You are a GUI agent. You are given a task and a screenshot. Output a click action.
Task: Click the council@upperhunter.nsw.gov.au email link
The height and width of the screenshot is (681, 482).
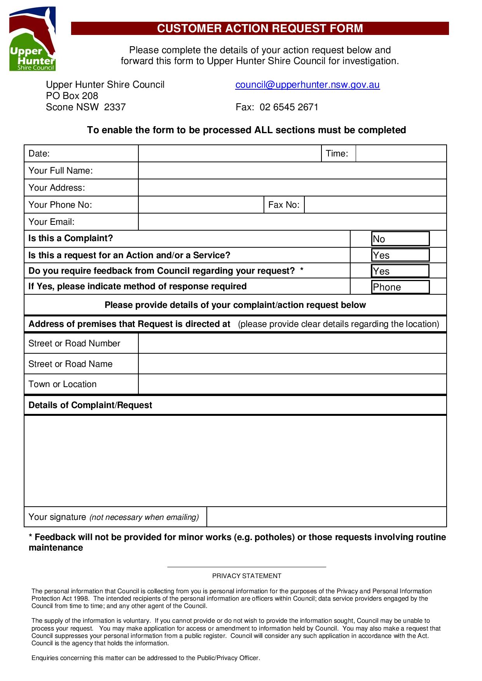[x=307, y=85]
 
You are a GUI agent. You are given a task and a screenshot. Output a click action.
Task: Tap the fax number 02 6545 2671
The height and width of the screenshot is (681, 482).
[x=289, y=107]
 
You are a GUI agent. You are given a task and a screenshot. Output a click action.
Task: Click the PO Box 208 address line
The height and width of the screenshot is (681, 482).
[x=72, y=96]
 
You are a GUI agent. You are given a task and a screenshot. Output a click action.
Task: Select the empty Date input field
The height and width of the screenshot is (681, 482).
[x=229, y=153]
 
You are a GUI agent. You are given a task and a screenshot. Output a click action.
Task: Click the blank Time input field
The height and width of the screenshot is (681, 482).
[x=400, y=153]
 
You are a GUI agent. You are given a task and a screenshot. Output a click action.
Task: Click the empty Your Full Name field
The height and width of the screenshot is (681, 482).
[x=292, y=170]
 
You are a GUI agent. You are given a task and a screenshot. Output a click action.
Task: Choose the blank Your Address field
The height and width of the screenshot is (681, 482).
[x=292, y=188]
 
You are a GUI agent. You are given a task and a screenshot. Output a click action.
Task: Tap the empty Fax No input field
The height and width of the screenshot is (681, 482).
[x=375, y=205]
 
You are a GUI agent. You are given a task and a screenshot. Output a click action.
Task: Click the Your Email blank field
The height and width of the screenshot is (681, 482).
[x=292, y=222]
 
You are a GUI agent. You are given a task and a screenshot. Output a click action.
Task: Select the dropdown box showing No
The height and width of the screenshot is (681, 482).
[x=400, y=239]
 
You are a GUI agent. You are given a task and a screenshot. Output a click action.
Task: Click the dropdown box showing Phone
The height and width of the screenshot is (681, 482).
[x=400, y=287]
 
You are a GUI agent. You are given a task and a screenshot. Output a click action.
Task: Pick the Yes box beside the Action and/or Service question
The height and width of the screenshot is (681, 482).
[x=400, y=255]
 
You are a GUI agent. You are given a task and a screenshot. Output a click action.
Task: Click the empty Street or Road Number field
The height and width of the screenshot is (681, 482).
[x=292, y=343]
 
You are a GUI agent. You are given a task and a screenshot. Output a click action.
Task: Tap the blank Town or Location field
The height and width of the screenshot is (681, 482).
[x=292, y=384]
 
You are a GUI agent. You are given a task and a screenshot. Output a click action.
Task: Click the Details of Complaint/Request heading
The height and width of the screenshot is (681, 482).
[x=90, y=405]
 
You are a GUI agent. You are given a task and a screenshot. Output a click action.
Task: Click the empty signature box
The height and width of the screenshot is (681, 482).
[x=326, y=517]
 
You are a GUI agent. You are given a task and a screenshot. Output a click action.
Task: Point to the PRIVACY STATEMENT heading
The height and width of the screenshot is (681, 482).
[x=246, y=576]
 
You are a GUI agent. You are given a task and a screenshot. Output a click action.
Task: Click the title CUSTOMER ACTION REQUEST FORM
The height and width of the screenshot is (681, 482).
[x=260, y=28]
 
